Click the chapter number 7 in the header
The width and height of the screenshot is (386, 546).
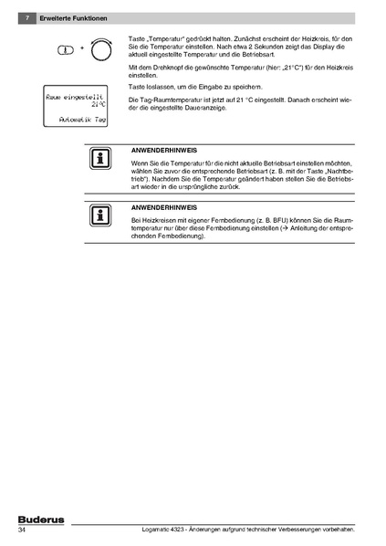(x=30, y=17)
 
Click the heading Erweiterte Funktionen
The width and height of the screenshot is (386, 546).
(x=73, y=17)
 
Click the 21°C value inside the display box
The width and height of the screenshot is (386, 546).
(x=99, y=105)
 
